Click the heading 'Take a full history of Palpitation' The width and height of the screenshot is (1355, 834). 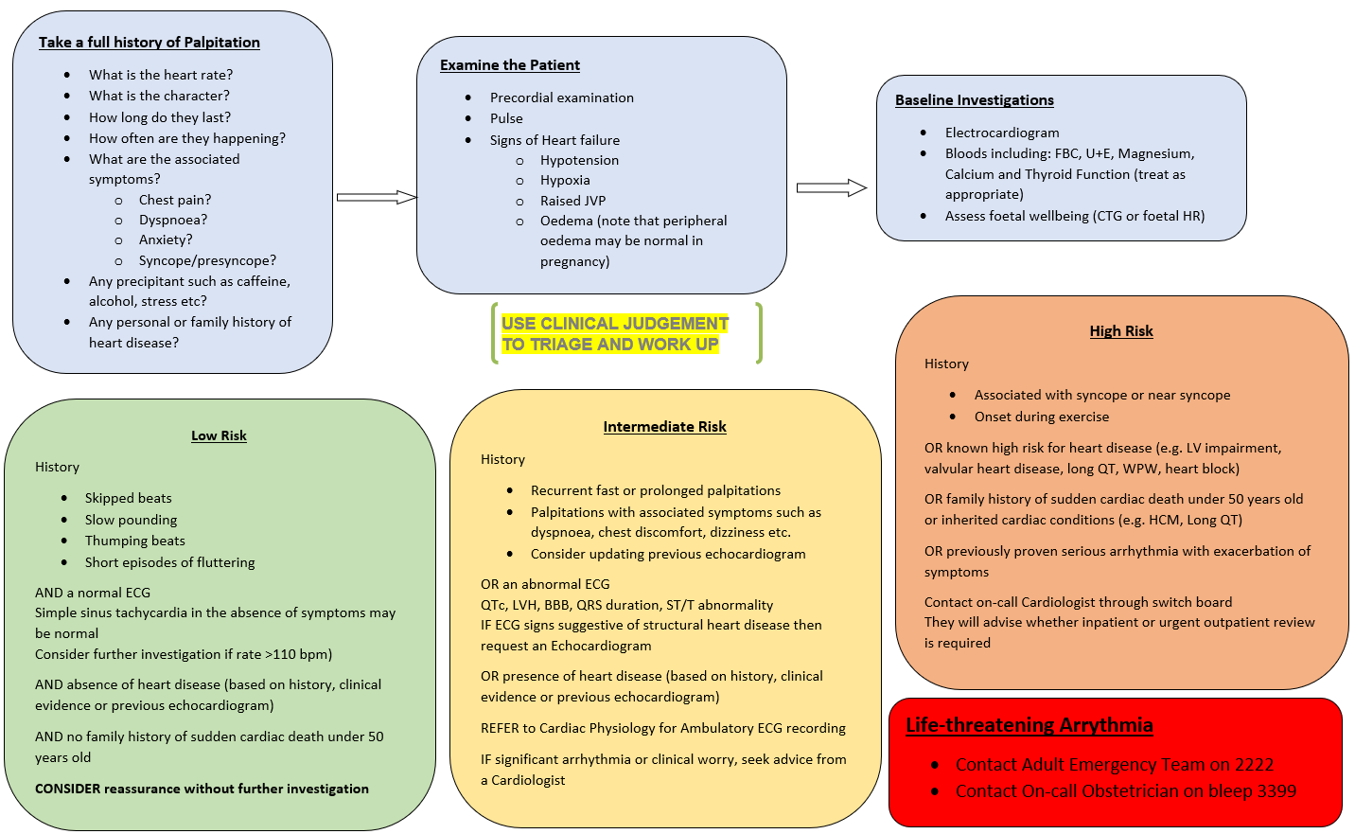[x=150, y=43]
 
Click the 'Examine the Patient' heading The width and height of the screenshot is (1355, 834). [x=510, y=65]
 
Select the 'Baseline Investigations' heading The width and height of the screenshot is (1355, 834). [x=975, y=100]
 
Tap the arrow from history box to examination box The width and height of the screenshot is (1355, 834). [x=376, y=197]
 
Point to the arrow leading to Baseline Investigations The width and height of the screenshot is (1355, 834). [x=831, y=187]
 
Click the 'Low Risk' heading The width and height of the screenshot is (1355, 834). [x=219, y=435]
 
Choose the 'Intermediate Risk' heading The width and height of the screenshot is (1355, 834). [x=664, y=427]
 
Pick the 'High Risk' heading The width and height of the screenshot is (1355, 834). [x=1121, y=331]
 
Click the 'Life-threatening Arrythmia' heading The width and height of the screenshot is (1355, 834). [x=1029, y=725]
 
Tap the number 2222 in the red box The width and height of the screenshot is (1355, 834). [x=1252, y=765]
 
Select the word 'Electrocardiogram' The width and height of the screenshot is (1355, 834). [x=1002, y=133]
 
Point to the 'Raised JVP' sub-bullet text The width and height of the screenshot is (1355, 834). [x=572, y=201]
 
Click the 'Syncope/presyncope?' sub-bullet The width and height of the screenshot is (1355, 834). [x=207, y=260]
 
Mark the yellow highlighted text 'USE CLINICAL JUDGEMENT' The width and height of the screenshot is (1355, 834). [x=615, y=324]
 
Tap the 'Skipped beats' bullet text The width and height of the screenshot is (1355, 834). [x=129, y=498]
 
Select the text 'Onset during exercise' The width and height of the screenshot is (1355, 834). [x=1042, y=417]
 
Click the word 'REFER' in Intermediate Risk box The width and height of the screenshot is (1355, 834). [x=501, y=728]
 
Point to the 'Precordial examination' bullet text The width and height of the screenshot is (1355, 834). [x=562, y=98]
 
